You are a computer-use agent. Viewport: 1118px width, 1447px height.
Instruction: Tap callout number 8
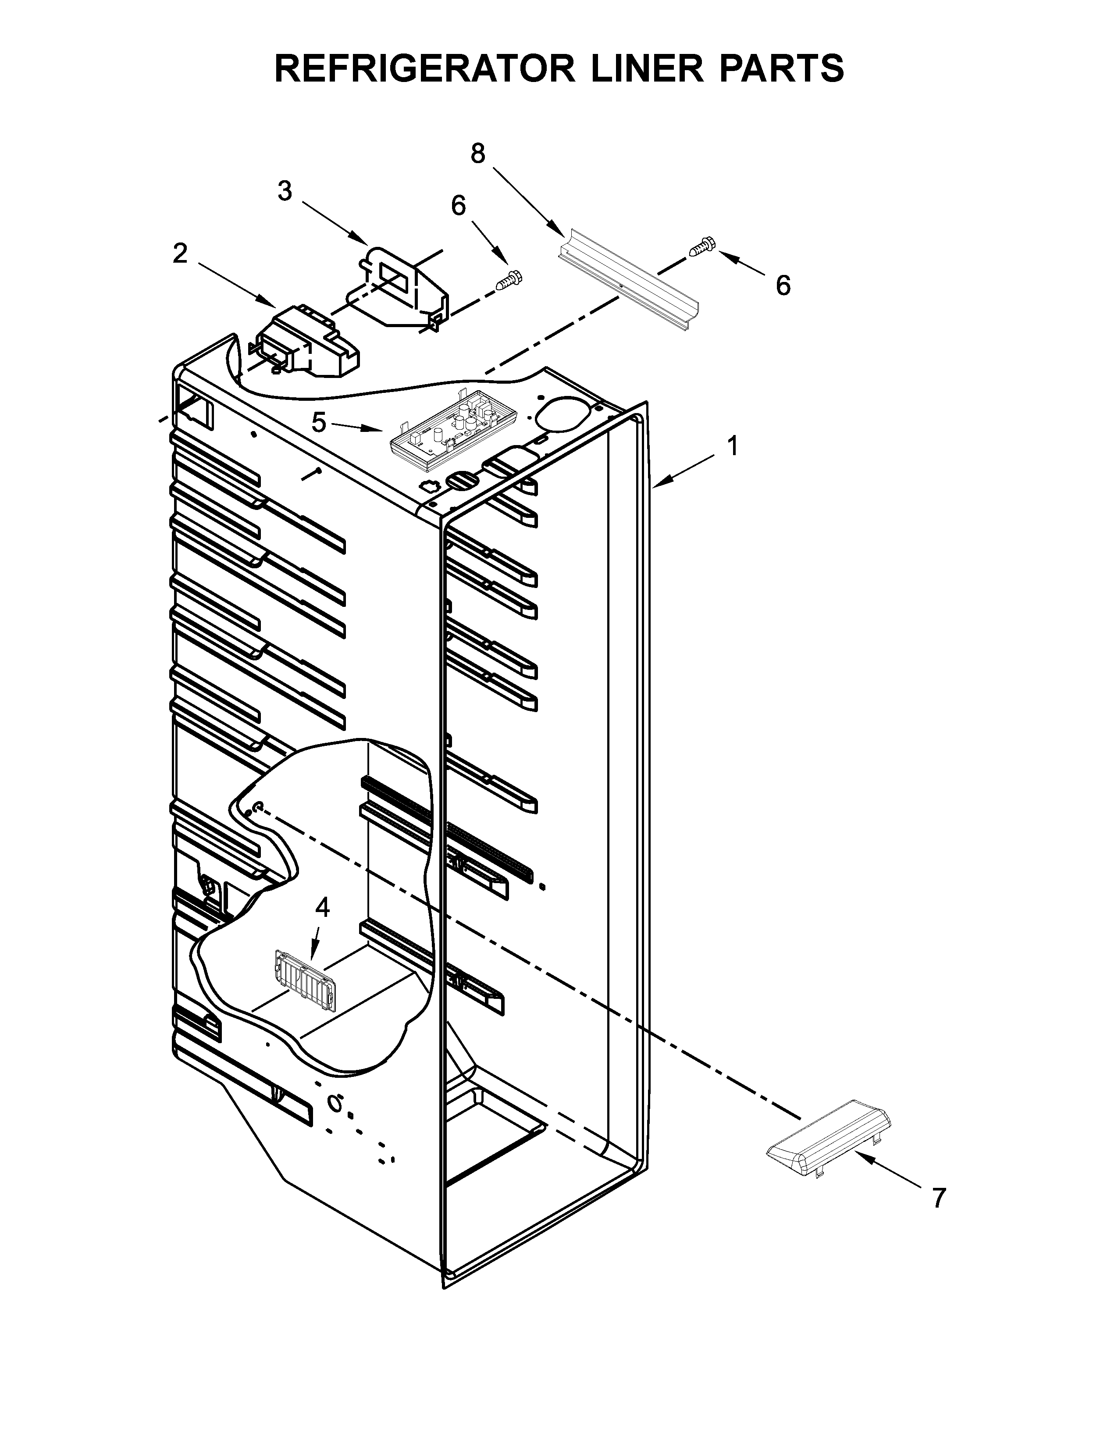(477, 154)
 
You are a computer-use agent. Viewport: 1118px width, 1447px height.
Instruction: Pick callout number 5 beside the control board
(319, 422)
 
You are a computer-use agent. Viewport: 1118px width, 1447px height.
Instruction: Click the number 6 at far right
(783, 285)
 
